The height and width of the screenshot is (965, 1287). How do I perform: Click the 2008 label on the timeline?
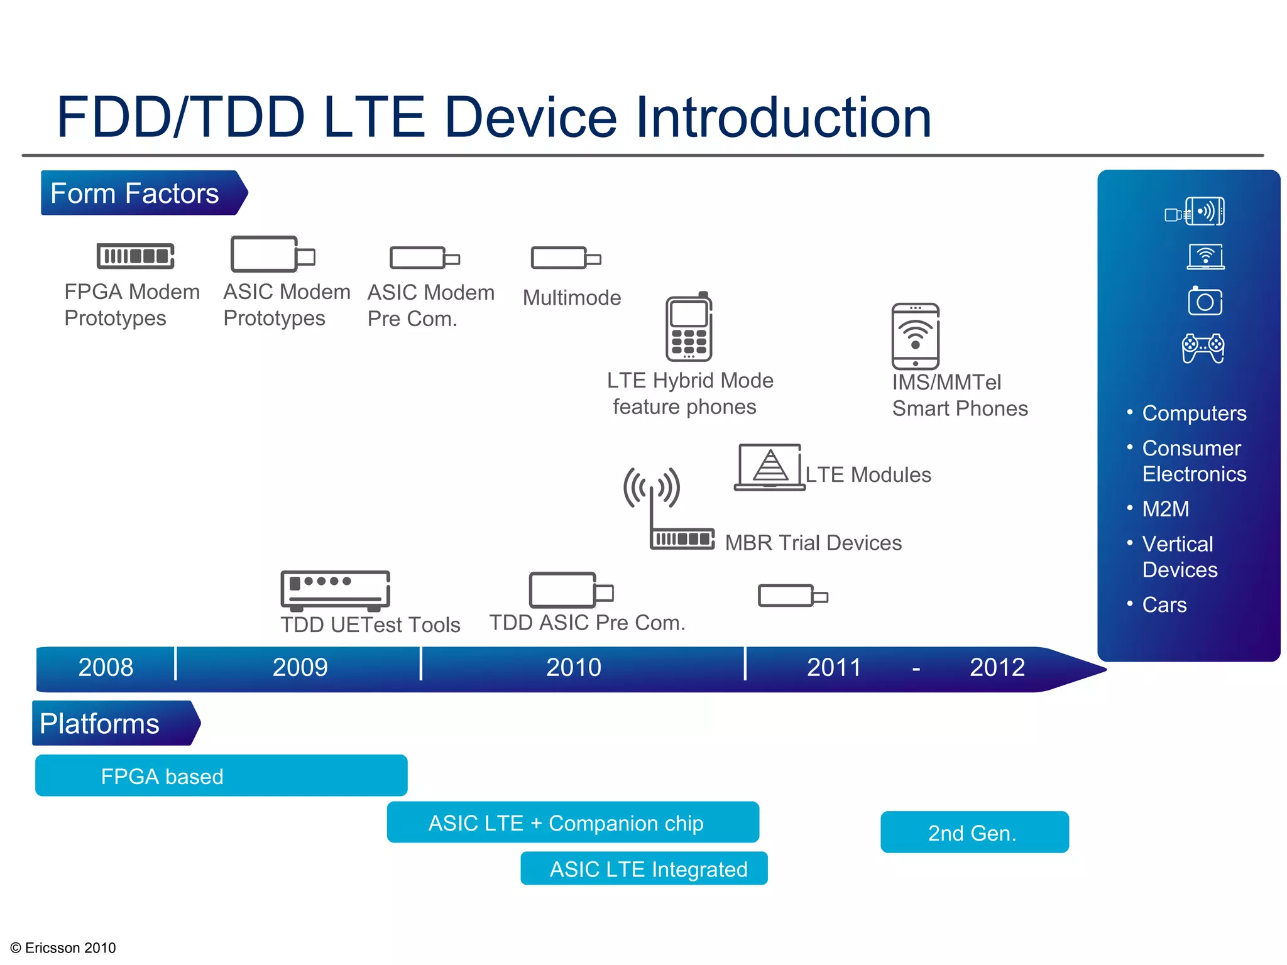pos(106,667)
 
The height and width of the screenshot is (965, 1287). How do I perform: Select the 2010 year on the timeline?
pos(573,667)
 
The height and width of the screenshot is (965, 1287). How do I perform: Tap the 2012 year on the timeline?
pos(997,667)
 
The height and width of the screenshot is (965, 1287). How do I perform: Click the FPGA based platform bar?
pos(221,776)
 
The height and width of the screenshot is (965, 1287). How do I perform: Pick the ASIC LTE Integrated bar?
pos(644,869)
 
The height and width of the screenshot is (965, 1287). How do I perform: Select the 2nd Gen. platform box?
pos(974,832)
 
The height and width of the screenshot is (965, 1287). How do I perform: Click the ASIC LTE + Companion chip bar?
pos(572,822)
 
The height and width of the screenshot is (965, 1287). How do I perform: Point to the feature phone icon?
pos(689,328)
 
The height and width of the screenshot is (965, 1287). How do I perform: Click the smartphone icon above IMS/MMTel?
pos(915,336)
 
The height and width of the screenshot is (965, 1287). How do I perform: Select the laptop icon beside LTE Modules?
pos(769,467)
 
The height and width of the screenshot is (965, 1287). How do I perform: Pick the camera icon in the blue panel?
pos(1205,301)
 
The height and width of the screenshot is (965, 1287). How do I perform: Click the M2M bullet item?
pos(1165,509)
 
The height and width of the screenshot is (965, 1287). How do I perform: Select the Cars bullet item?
pos(1164,604)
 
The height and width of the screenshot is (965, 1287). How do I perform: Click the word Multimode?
pos(572,298)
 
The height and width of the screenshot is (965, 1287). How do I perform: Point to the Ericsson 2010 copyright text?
pos(63,947)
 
